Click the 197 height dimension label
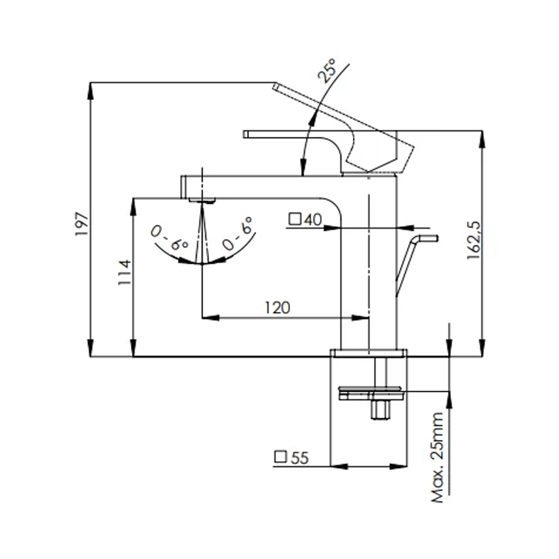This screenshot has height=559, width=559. click(x=82, y=224)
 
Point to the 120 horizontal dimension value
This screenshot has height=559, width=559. click(x=277, y=307)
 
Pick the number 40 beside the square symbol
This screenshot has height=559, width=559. click(x=312, y=220)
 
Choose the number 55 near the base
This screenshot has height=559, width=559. click(x=300, y=458)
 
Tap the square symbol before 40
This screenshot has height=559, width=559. click(x=294, y=220)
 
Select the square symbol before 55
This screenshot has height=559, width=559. click(x=281, y=458)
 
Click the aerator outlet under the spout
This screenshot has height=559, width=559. click(x=202, y=200)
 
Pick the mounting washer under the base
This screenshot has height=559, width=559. click(x=369, y=392)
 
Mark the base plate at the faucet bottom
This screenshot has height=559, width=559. click(x=369, y=353)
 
